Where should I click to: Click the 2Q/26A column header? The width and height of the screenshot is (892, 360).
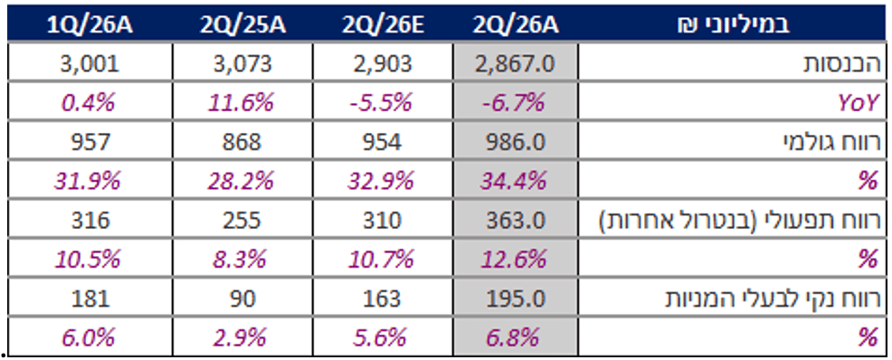pos(515,25)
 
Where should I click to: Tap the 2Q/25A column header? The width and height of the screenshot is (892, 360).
pos(242,25)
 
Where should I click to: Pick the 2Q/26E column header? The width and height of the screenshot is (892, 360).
pos(383,25)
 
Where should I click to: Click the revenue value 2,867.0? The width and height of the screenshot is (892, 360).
pos(516,63)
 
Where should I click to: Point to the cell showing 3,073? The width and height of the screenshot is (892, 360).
pos(242,63)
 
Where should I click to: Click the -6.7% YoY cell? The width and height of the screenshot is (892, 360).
pos(515,103)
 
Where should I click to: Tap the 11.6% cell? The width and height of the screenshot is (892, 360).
pos(242,103)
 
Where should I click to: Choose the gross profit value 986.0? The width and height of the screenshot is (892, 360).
pos(516,142)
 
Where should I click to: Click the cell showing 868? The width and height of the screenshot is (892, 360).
pos(242,142)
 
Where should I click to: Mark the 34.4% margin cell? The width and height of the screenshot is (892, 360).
pos(515,181)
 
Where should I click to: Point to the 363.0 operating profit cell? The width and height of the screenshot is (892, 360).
pos(516,220)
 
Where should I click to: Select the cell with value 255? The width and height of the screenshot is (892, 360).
pos(242,220)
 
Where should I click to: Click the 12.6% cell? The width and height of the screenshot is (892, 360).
pos(515,259)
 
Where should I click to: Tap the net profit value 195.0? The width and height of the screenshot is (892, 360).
pos(516,298)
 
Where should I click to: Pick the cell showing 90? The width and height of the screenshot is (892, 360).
pos(242,298)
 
